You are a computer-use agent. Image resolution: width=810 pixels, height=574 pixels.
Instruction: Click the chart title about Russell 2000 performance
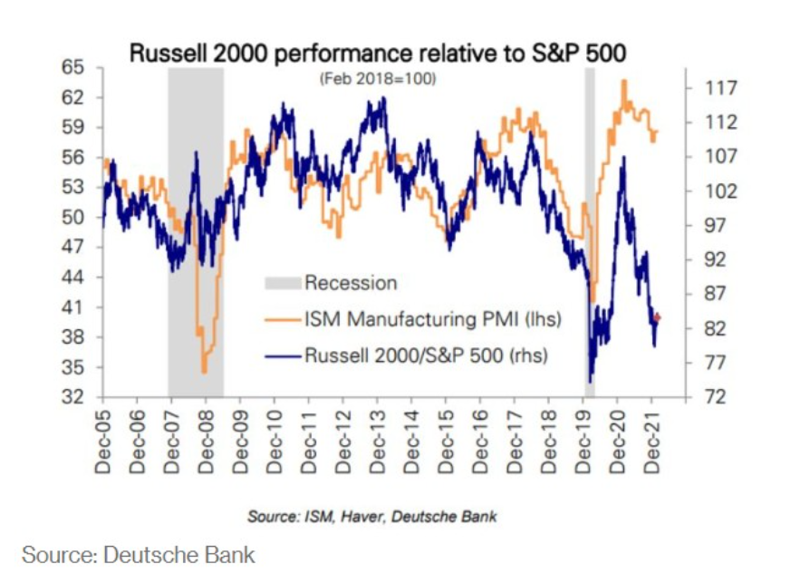click(378, 53)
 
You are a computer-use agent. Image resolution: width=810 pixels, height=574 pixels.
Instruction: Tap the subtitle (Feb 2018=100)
click(378, 80)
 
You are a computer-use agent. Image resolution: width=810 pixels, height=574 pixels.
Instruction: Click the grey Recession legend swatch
click(282, 283)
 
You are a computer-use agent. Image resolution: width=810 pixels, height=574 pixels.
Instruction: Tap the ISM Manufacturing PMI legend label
click(433, 319)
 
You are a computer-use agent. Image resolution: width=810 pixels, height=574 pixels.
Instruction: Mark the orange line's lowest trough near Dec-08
click(205, 371)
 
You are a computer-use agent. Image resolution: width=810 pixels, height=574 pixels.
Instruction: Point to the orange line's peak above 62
click(623, 81)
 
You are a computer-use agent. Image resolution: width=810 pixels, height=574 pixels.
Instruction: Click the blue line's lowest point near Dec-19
click(590, 382)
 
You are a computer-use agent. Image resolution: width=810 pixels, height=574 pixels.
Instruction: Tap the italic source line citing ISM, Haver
click(372, 516)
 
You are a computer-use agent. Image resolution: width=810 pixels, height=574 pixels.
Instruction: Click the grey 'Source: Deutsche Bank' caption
click(139, 553)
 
